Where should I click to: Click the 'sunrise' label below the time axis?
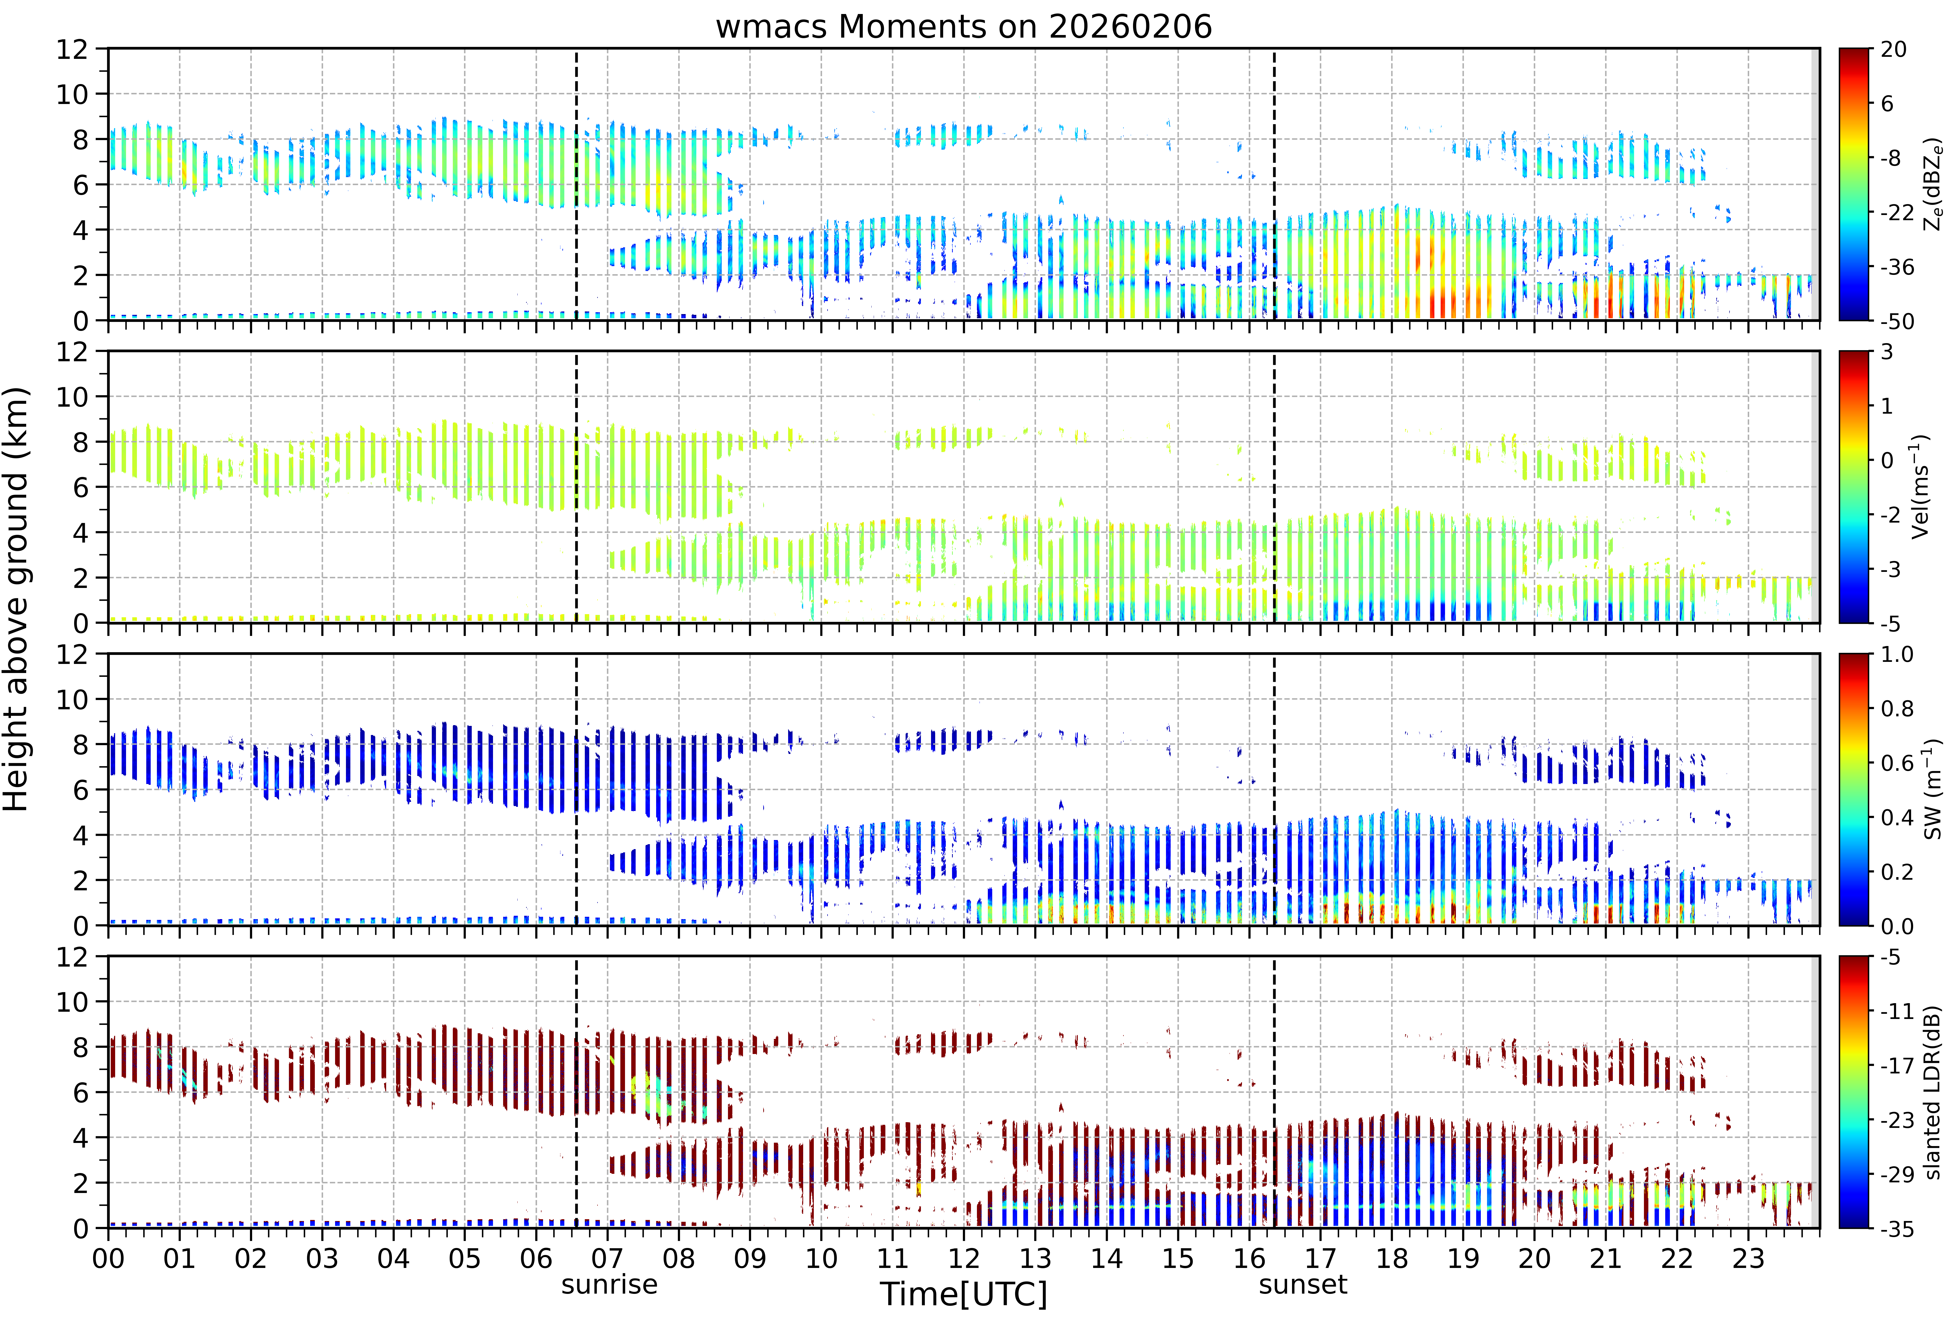point(609,1285)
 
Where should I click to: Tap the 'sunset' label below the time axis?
point(1303,1285)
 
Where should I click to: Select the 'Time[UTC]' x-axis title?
point(964,1294)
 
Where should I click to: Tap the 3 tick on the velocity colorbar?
point(1887,352)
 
